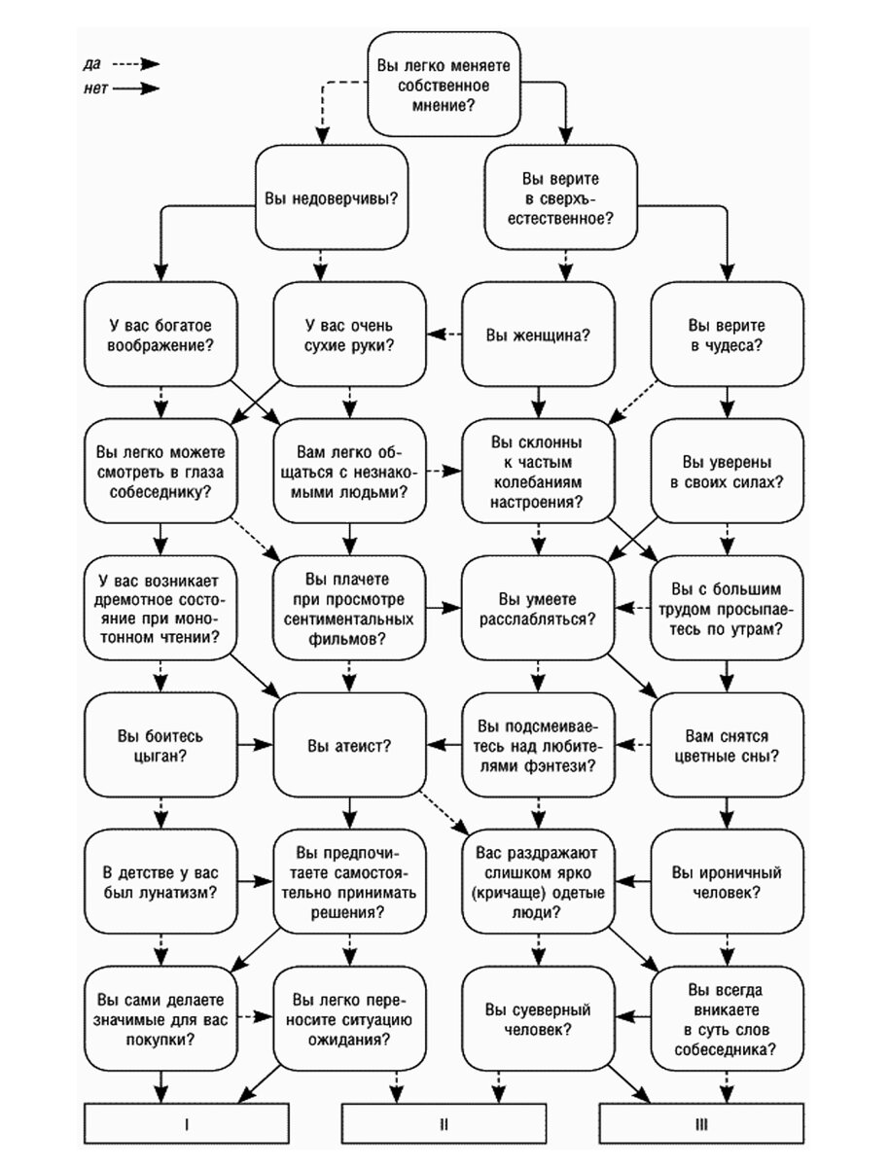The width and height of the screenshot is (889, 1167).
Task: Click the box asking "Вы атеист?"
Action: [x=349, y=745]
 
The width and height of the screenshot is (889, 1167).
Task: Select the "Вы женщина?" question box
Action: [x=538, y=335]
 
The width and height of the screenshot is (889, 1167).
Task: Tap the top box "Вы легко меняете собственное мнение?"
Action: [x=444, y=84]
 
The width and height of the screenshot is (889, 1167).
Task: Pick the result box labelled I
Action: [x=186, y=1123]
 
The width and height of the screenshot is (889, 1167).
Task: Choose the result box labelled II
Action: [x=444, y=1123]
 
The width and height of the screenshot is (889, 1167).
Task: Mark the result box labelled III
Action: [x=701, y=1123]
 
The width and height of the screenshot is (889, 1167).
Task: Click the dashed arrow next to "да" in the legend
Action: [x=136, y=64]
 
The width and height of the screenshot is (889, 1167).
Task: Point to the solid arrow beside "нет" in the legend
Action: [x=136, y=88]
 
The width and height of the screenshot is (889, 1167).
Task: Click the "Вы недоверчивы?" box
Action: [x=332, y=197]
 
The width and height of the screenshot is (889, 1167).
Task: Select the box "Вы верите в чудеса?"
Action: [x=727, y=335]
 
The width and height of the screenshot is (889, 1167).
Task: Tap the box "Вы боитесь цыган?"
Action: [x=160, y=745]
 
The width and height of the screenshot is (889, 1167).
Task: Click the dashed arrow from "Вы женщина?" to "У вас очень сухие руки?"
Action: [x=444, y=335]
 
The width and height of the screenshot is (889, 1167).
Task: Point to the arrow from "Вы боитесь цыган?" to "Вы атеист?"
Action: [x=255, y=745]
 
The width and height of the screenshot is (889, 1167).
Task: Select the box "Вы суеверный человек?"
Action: [x=538, y=1018]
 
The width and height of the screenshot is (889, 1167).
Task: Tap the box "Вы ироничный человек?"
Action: [x=727, y=882]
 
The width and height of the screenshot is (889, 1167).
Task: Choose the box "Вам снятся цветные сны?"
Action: [x=727, y=745]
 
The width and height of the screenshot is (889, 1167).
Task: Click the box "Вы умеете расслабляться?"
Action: [x=538, y=608]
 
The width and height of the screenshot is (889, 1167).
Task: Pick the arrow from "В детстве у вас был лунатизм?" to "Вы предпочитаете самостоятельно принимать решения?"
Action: [x=255, y=882]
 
